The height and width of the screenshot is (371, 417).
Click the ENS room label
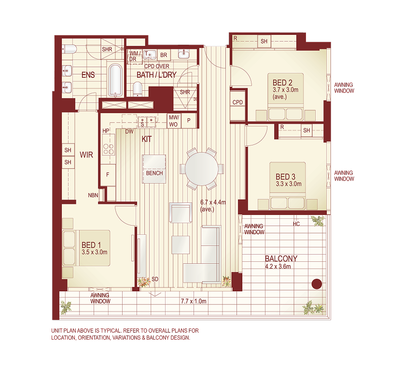[x=88, y=75]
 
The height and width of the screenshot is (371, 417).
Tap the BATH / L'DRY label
[x=156, y=75]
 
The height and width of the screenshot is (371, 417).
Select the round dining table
[x=202, y=169]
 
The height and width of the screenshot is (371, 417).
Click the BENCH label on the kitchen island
[x=154, y=173]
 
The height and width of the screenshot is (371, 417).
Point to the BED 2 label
[x=280, y=82]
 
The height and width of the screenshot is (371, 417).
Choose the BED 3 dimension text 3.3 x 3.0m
[x=289, y=184]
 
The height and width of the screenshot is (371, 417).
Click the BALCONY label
[x=281, y=258]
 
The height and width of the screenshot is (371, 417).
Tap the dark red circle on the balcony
[x=317, y=284]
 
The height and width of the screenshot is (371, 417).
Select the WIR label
[x=86, y=155]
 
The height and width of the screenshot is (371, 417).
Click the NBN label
[x=94, y=195]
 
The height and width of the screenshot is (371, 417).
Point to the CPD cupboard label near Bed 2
[x=237, y=102]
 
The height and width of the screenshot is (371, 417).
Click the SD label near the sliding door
[x=155, y=279]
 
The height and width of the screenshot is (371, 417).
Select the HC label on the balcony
[x=296, y=224]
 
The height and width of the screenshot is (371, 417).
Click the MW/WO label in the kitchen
[x=173, y=121]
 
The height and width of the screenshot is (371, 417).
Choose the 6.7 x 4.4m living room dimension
[x=213, y=203]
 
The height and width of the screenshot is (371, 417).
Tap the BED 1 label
[x=91, y=245]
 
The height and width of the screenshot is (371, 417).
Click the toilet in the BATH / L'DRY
[x=137, y=88]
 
